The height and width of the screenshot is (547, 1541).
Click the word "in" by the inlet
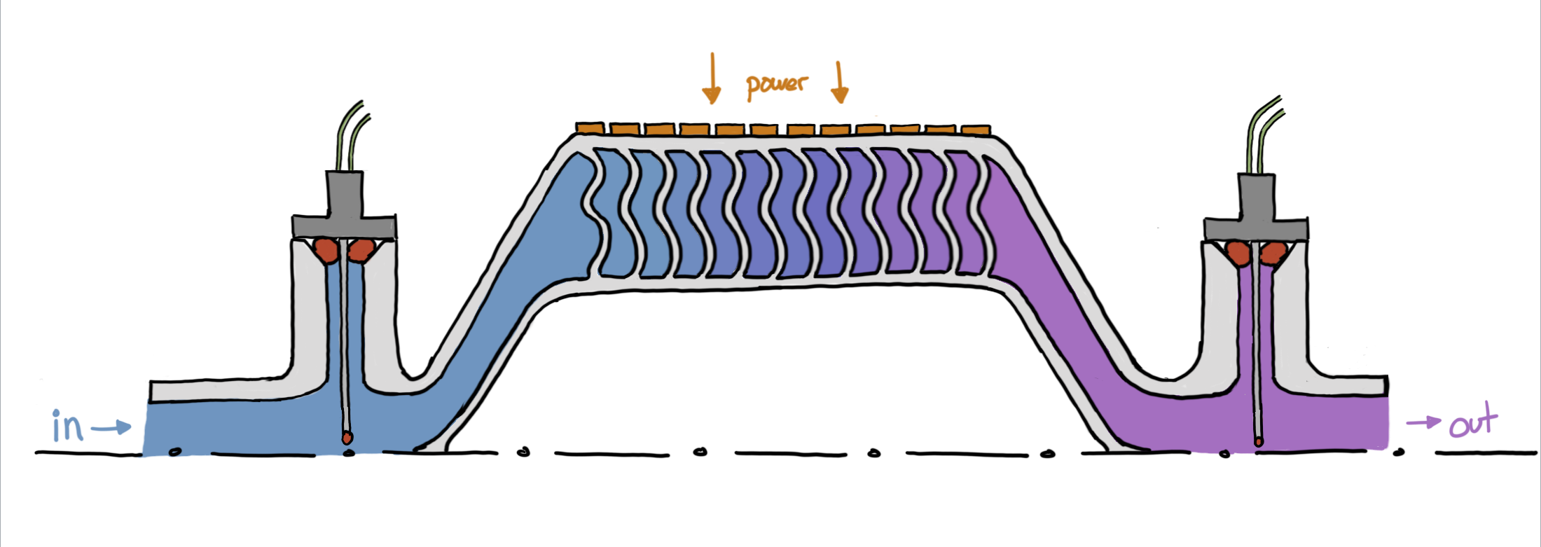[68, 425]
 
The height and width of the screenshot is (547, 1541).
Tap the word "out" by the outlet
[1473, 422]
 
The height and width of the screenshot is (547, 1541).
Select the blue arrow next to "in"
[111, 427]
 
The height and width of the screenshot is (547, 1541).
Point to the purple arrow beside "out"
[1423, 422]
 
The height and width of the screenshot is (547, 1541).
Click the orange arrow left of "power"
[712, 78]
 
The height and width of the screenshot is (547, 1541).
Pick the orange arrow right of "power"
[840, 82]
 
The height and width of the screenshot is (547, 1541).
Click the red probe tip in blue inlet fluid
[346, 437]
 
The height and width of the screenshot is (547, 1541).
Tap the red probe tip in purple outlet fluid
[1259, 441]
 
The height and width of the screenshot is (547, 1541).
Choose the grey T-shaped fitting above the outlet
[1256, 214]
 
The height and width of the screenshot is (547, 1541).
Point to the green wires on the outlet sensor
[1263, 137]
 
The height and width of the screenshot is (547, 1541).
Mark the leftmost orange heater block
[590, 128]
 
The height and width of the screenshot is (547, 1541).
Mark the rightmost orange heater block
[976, 130]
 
